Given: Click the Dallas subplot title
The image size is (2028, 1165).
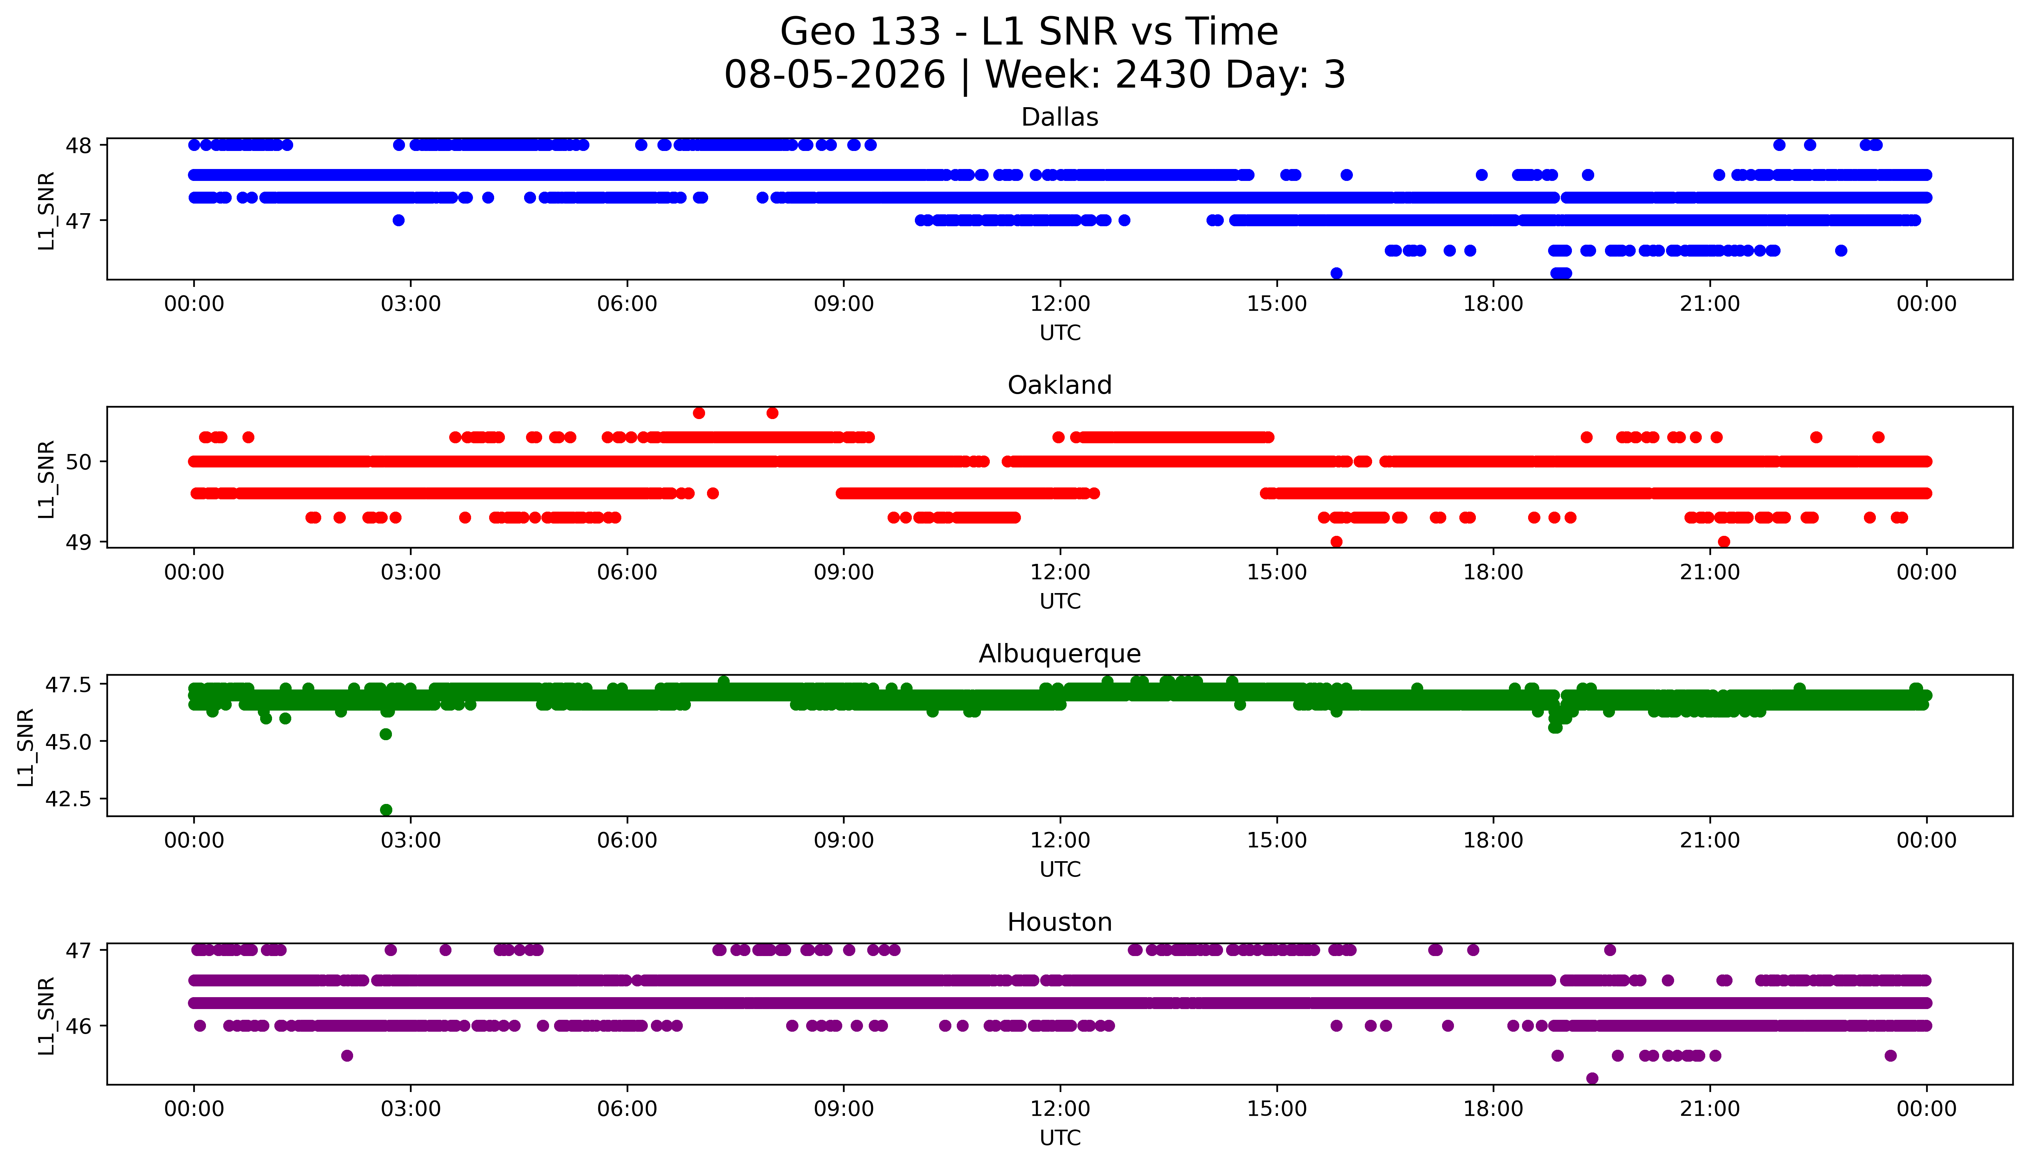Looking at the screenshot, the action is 1060,118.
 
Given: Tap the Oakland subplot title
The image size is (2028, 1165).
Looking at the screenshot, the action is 1060,386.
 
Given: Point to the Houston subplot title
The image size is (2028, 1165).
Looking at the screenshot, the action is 1060,923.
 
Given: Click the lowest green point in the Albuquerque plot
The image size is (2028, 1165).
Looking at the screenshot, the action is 386,810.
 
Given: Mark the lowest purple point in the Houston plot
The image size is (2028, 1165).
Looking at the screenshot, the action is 1592,1079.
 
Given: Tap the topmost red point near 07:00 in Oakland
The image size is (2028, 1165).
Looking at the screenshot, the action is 699,413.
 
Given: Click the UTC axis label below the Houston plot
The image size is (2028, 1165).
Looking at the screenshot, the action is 1060,1138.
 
